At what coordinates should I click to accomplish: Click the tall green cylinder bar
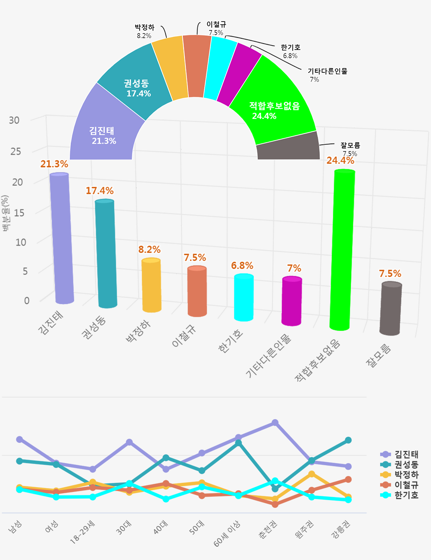[342, 250]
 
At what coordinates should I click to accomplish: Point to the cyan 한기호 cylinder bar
[244, 297]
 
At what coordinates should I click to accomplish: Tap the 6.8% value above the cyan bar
[242, 265]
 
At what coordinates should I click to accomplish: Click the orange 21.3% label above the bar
[54, 164]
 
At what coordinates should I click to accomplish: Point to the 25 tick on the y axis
[16, 151]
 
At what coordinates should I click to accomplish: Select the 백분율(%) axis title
[5, 214]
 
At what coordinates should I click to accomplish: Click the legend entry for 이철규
[406, 485]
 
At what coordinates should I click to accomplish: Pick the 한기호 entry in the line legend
[406, 495]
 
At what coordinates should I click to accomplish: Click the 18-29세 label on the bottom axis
[83, 532]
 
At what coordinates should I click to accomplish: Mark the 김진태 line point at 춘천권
[275, 423]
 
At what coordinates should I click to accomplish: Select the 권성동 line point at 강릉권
[348, 440]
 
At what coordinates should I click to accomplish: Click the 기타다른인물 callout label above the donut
[328, 72]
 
